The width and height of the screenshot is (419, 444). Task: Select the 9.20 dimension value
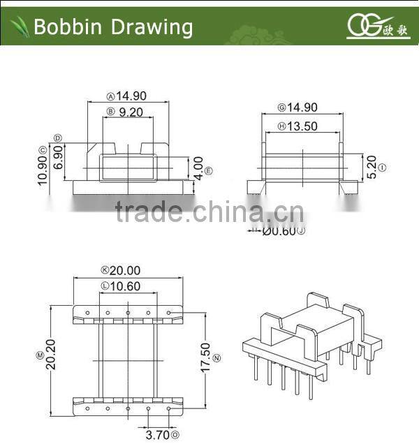(131, 112)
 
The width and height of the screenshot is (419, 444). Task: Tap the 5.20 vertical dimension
(372, 168)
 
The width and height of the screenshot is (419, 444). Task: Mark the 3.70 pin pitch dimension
(157, 435)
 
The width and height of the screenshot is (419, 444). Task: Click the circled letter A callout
(110, 97)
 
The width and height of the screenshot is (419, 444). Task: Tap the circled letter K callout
(105, 270)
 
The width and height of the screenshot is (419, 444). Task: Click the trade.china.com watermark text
(208, 211)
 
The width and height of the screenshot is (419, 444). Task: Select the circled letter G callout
(281, 108)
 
